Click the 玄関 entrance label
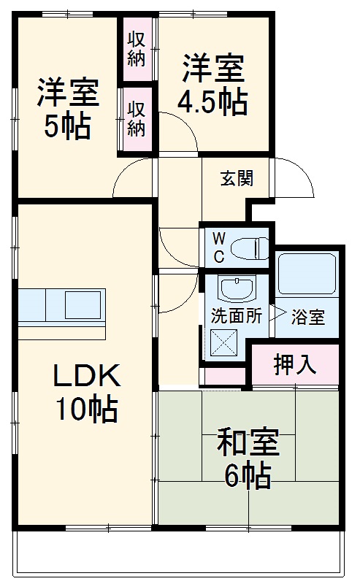coord(238,179)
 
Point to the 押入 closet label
coord(295,365)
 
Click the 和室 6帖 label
coord(248,458)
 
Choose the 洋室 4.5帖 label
coord(212,85)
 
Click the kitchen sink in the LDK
coord(81,304)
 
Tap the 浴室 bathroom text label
coord(307,318)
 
